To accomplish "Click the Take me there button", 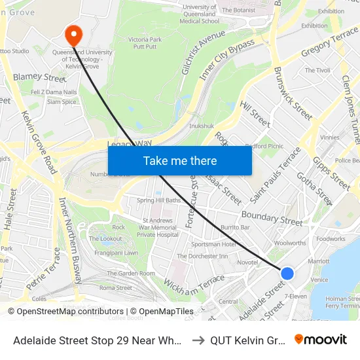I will pos(180,160).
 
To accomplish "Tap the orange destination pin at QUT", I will pos(73,34).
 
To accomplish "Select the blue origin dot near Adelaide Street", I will pos(287,273).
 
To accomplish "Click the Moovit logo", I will pos(321,339).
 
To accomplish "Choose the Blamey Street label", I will pos(40,77).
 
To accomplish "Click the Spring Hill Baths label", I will pos(158,200).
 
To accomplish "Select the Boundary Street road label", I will pos(272,218).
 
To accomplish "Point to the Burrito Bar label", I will pos(235,227).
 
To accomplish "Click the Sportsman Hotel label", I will pos(213,244).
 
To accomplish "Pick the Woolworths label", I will pos(289,243).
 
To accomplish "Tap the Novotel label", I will pos(247,262).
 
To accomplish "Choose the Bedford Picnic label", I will pos(264,147).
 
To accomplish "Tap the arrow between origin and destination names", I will pos(198,340).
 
